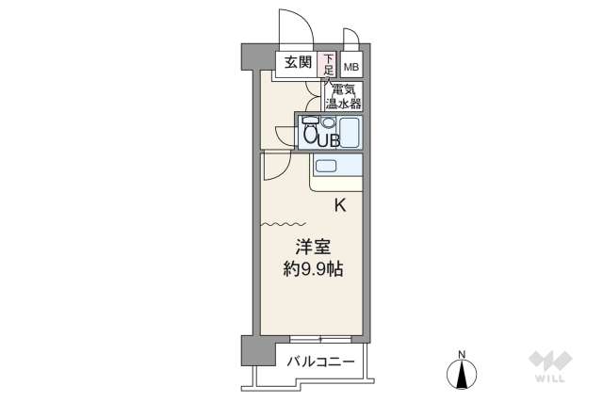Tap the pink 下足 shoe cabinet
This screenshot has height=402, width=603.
click(x=328, y=63)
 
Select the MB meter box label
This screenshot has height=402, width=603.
click(x=351, y=67)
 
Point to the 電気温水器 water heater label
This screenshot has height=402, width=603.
click(x=344, y=95)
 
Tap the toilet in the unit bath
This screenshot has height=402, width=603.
click(x=309, y=132)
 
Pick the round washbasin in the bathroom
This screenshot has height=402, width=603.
click(x=329, y=122)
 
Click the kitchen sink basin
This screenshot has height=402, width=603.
click(x=326, y=166)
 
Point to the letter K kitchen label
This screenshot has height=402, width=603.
click(x=340, y=204)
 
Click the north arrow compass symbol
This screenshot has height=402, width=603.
click(x=462, y=375)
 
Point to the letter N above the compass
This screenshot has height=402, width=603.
click(x=462, y=353)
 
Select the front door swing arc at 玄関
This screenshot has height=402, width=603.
click(x=294, y=26)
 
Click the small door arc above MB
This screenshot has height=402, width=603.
click(x=350, y=39)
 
